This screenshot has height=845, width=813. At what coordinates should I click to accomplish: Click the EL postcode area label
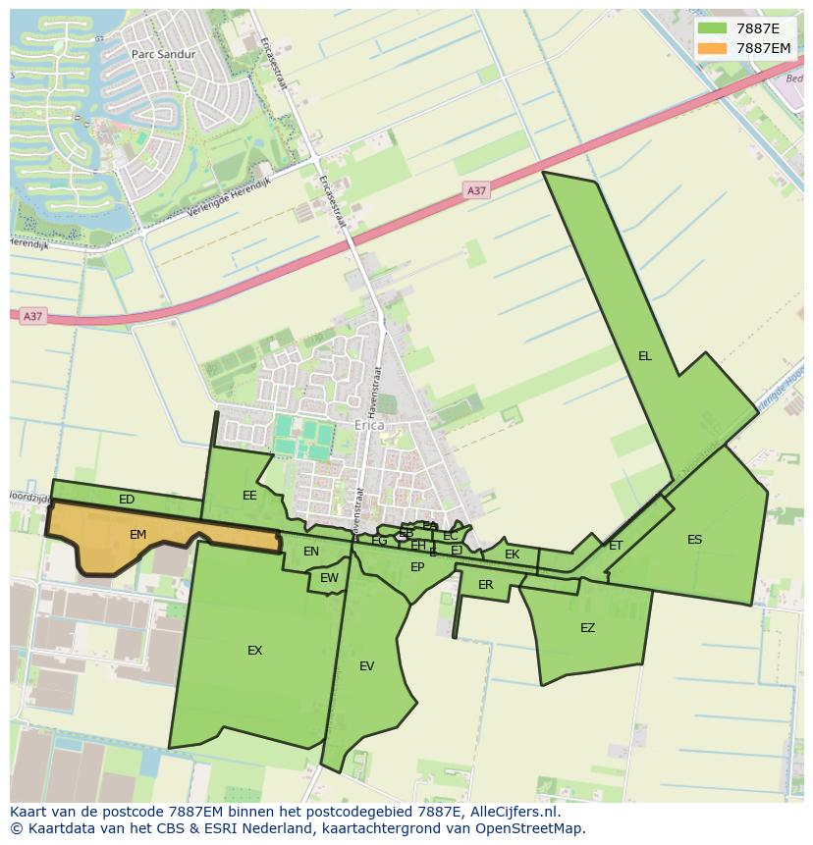[x=644, y=356]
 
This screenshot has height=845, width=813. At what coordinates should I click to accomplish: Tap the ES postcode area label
[x=694, y=540]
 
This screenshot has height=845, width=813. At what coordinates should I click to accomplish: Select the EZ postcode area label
[x=587, y=628]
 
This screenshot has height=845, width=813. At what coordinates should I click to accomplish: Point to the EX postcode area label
[x=254, y=650]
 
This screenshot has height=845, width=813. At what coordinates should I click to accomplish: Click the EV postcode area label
[x=366, y=666]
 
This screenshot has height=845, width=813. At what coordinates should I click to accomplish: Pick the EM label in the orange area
[x=137, y=535]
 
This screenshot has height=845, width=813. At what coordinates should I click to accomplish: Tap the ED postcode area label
[x=127, y=500]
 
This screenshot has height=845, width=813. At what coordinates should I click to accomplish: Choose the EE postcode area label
[x=249, y=496]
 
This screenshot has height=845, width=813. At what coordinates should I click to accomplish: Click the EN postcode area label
[x=311, y=552]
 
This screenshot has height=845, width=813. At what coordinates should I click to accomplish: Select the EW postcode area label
[x=329, y=578]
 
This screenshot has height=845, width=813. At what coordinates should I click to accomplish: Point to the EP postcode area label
[x=417, y=567]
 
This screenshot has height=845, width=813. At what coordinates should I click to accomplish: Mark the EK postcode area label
[x=512, y=555]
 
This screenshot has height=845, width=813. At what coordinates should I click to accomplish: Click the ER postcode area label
[x=485, y=585]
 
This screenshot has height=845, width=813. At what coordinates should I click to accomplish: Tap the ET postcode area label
[x=616, y=546]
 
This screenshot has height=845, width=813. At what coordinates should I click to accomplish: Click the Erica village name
[x=369, y=427]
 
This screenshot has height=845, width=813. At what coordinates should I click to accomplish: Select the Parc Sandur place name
[x=163, y=55]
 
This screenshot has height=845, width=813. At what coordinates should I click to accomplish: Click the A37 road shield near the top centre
[x=476, y=190]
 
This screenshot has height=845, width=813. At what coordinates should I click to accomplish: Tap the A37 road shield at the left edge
[x=33, y=316]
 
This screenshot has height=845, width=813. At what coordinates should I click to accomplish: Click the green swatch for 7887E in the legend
[x=712, y=28]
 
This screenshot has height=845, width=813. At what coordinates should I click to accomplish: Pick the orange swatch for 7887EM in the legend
[x=712, y=48]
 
